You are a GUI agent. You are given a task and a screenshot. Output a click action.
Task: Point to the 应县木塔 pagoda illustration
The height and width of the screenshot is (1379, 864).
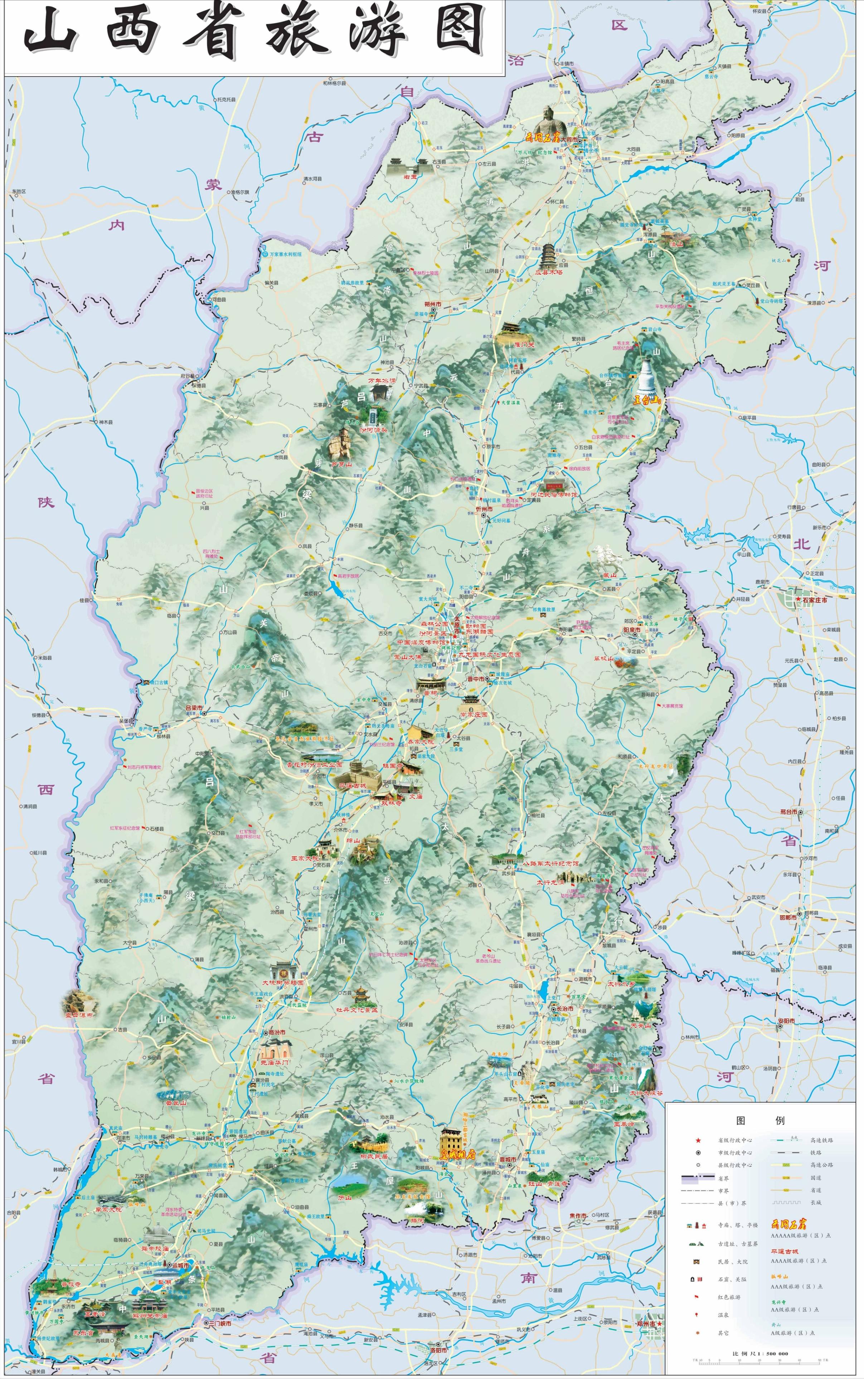(548, 257)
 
